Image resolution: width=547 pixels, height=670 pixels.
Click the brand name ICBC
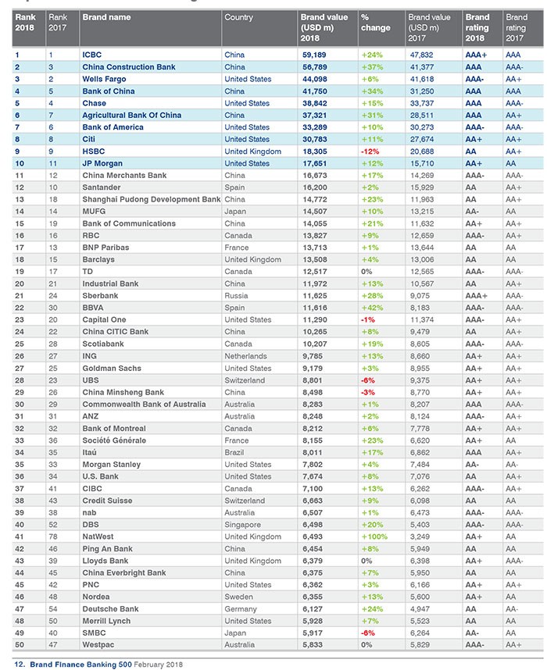pyautogui.click(x=92, y=55)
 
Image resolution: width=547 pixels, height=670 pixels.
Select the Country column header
pyautogui.click(x=238, y=17)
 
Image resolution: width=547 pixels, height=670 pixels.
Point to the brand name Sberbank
pyautogui.click(x=101, y=295)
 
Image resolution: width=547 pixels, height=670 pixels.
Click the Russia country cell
pyautogui.click(x=236, y=295)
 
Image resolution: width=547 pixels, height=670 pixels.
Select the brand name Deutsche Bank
pyautogui.click(x=110, y=608)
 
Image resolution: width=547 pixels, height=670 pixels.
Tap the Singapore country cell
pyautogui.click(x=242, y=524)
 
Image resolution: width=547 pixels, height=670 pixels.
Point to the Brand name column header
pyautogui.click(x=106, y=17)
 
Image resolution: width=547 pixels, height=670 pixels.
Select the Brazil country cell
pyautogui.click(x=234, y=451)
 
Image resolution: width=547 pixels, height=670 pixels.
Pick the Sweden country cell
pyautogui.click(x=238, y=596)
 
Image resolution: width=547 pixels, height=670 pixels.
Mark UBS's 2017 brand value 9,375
pyautogui.click(x=421, y=380)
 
